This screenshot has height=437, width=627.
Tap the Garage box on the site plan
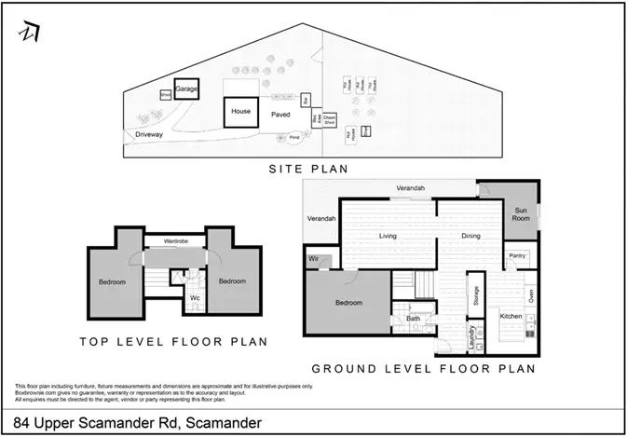[187, 89]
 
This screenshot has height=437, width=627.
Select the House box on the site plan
[241, 112]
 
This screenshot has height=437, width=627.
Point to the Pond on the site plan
[294, 137]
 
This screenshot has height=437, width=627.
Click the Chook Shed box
[329, 120]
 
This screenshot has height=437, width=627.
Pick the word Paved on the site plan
[280, 115]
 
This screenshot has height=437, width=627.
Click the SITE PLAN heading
[307, 169]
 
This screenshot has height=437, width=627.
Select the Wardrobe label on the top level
[177, 242]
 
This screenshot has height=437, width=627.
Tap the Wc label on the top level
[195, 298]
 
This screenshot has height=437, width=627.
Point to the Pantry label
[518, 255]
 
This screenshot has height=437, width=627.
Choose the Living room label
[388, 236]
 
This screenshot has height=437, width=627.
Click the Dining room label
[470, 236]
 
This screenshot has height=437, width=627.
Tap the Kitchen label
[511, 317]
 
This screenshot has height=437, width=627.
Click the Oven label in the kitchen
[531, 296]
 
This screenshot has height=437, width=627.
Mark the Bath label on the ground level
[412, 319]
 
